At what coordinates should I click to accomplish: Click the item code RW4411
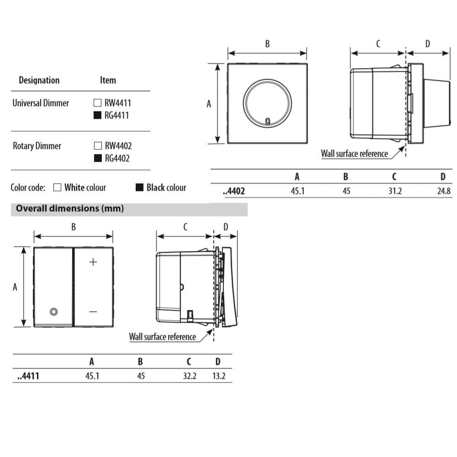118,103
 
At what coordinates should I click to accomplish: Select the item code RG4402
117,158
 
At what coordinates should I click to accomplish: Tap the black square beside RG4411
97,115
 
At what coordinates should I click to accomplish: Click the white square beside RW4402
98,145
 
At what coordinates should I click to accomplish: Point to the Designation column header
39,80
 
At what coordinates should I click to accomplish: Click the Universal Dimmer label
41,103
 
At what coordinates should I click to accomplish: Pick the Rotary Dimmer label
37,146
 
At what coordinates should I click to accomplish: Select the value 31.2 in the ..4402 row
395,191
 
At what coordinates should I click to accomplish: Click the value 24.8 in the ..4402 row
444,191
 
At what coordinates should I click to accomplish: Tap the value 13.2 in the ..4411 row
219,376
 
